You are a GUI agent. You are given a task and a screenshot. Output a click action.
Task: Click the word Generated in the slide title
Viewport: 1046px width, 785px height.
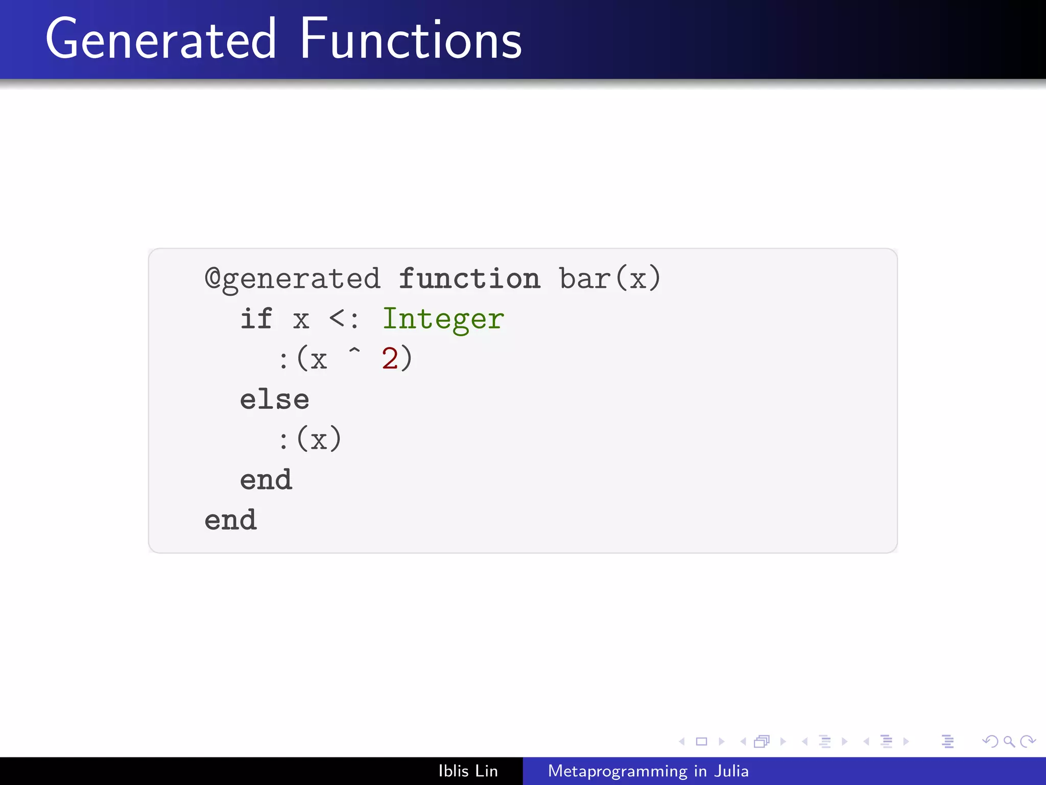[x=161, y=40]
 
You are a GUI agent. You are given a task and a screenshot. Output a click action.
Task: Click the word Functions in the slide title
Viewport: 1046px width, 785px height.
[x=411, y=40]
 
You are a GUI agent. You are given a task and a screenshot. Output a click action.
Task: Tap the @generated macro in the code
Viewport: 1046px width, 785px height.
[x=293, y=279]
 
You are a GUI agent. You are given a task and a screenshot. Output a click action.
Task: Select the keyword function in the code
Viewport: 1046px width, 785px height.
[x=469, y=279]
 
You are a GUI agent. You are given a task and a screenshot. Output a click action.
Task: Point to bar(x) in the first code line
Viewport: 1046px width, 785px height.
[x=610, y=279]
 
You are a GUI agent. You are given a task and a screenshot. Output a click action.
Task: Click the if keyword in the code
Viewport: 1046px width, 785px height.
[x=256, y=319]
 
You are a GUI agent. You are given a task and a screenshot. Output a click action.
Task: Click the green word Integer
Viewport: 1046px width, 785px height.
[x=443, y=320]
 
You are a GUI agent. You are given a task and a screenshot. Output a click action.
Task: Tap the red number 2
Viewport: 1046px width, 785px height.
[x=390, y=359]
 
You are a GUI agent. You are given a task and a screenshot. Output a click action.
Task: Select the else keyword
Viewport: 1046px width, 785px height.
[x=275, y=399]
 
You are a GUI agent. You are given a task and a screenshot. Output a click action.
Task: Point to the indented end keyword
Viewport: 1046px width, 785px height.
[x=266, y=480]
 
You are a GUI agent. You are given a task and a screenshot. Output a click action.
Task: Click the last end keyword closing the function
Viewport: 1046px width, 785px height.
[x=231, y=520]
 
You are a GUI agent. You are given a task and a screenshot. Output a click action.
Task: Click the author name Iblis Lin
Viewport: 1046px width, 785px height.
[x=468, y=771]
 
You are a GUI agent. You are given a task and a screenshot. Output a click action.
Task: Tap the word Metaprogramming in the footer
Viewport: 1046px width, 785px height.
[x=617, y=771]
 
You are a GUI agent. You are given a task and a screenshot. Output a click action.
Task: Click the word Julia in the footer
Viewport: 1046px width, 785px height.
[x=731, y=771]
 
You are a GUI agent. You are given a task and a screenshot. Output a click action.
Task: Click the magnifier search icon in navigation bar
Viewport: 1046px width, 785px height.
[x=1009, y=741]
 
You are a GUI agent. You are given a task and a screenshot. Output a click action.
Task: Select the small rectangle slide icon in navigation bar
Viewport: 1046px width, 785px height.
[x=702, y=742]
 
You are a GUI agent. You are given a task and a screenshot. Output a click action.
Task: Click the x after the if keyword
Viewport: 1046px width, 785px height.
[x=301, y=321]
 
